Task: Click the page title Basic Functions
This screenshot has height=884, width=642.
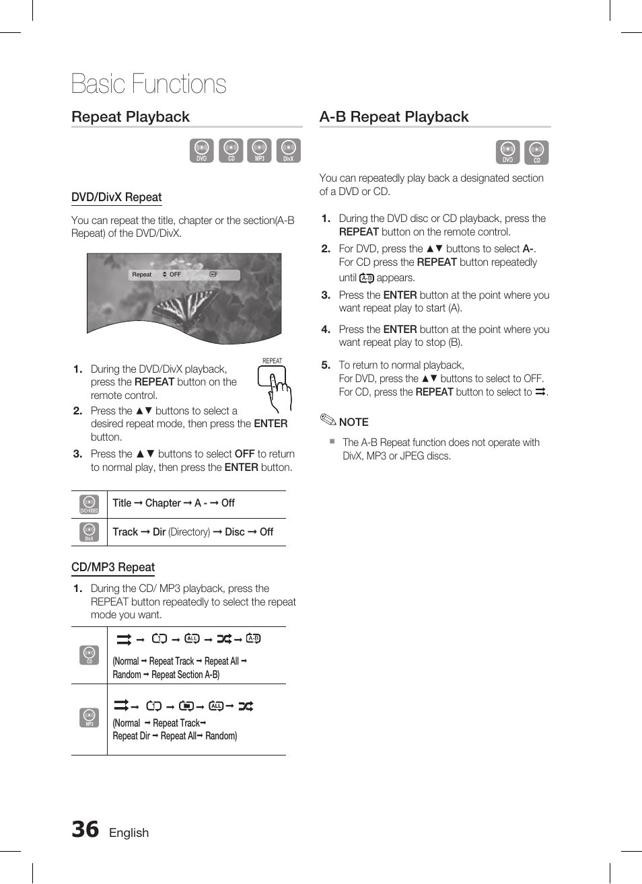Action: click(x=149, y=84)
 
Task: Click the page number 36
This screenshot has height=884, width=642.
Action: click(x=85, y=830)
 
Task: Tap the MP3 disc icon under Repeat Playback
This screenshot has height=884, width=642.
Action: click(x=259, y=150)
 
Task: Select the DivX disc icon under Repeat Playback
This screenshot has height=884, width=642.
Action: click(x=289, y=150)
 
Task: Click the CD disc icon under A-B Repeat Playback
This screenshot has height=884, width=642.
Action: click(x=536, y=152)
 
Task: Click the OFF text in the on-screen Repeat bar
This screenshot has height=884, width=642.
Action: click(x=175, y=274)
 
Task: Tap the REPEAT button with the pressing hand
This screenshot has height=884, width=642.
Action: click(x=271, y=377)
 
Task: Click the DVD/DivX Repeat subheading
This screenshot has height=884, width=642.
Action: click(x=116, y=197)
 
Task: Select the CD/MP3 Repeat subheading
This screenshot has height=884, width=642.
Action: click(x=113, y=567)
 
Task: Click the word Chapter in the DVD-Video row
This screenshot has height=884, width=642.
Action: click(x=163, y=503)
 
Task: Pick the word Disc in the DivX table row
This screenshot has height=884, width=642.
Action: click(x=235, y=532)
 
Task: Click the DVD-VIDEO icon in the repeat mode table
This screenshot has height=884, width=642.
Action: click(x=90, y=505)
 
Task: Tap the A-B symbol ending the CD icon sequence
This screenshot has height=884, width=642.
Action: click(x=253, y=638)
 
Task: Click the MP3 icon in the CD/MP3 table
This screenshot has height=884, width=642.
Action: click(x=90, y=717)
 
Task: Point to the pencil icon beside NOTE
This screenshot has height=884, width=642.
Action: click(x=328, y=420)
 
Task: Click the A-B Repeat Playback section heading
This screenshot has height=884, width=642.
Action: click(x=394, y=116)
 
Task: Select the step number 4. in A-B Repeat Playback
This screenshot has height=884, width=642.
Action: click(x=326, y=329)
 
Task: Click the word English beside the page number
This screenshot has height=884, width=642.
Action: click(x=129, y=833)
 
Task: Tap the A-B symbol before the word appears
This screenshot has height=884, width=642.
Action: click(x=366, y=278)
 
